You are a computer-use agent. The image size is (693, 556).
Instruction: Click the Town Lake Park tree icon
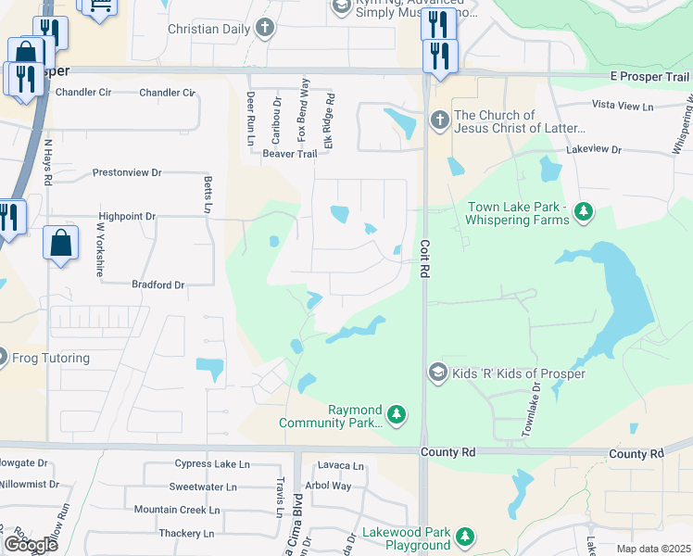(x=584, y=214)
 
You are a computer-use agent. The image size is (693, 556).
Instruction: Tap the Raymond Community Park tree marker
(x=397, y=412)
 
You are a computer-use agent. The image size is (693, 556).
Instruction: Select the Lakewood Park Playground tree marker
(x=465, y=537)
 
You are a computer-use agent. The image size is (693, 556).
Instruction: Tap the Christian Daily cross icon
(x=266, y=28)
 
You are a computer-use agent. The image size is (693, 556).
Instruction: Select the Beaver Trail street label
(x=264, y=154)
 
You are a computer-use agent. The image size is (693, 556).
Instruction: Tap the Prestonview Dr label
(x=127, y=173)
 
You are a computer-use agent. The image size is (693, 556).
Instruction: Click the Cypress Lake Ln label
(x=212, y=464)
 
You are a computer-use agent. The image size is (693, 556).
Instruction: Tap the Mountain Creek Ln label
(x=176, y=510)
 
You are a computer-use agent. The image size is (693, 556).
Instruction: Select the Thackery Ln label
(x=186, y=533)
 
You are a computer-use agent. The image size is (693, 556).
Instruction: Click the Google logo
(x=30, y=544)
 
